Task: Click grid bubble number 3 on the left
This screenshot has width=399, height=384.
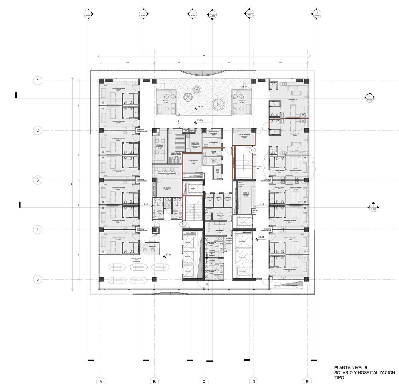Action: [x=37, y=180]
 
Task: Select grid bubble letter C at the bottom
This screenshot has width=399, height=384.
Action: [x=204, y=381]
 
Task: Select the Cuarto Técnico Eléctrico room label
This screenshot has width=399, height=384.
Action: [x=193, y=161]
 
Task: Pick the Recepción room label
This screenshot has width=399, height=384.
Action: [x=152, y=248]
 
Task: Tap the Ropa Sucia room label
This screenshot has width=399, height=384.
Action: [x=217, y=172]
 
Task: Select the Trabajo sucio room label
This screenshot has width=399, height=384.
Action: [x=213, y=143]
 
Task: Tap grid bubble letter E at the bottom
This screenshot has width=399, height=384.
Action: [x=307, y=381]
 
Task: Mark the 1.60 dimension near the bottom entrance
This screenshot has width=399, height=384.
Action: [x=206, y=285]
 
